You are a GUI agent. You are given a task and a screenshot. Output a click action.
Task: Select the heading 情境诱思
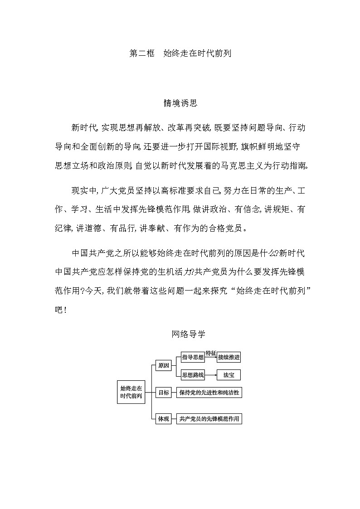(180, 103)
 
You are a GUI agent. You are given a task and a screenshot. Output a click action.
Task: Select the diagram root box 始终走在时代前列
(131, 392)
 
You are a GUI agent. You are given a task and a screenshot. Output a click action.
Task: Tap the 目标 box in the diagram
(163, 393)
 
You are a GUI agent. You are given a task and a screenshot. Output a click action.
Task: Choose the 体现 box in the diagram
(163, 419)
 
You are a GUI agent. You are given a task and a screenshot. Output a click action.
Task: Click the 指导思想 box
(193, 357)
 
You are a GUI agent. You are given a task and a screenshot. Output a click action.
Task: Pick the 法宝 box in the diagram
(229, 375)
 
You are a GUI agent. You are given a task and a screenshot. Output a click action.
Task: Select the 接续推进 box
(229, 357)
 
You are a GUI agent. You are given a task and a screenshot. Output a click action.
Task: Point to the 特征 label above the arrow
(211, 353)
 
